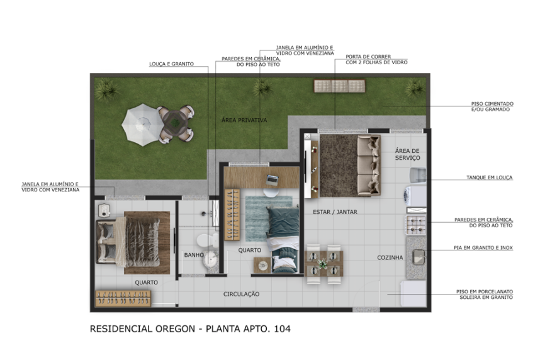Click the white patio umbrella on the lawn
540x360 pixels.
141,125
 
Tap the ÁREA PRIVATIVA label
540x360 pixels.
244,120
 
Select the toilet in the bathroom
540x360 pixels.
208,240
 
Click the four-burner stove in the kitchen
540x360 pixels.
416,225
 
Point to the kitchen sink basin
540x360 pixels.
419,257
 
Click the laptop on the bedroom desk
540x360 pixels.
272,180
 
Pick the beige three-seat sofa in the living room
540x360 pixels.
369,166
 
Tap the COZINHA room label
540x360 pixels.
390,257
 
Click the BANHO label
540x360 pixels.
194,255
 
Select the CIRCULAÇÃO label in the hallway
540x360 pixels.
241,294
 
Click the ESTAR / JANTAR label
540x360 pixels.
335,212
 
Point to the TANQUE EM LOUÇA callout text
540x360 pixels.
490,177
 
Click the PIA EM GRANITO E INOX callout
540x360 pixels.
483,248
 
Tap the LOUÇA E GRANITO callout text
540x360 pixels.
171,64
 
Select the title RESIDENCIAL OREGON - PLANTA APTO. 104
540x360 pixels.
190,329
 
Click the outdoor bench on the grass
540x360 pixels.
340,86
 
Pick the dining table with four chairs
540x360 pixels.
323,264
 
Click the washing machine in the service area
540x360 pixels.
415,196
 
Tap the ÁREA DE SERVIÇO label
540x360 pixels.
407,154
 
